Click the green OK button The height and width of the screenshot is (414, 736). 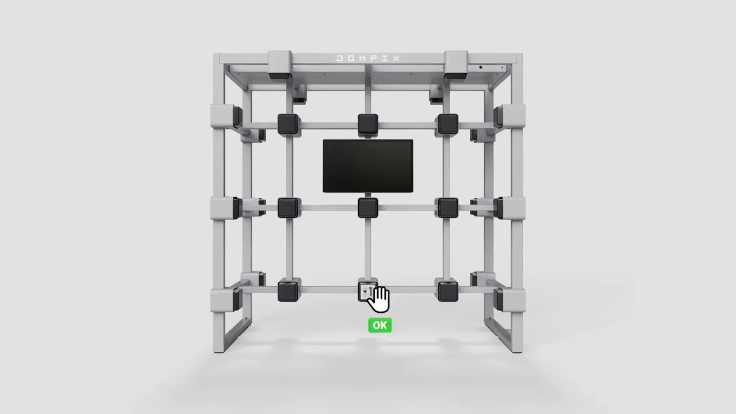pos(380,325)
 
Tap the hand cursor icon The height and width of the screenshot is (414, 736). pos(379,300)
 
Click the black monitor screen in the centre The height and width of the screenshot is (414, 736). pos(368,166)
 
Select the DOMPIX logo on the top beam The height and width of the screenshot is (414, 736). pos(368,59)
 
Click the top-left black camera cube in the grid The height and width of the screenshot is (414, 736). pos(288,124)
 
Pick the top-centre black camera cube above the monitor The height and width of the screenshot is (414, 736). pos(367,124)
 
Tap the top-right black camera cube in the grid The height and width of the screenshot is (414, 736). pos(448,124)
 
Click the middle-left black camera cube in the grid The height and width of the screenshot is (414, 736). pos(288,208)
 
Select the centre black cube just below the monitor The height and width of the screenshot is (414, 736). pos(367,208)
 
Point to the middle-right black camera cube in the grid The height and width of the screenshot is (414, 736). pos(448,208)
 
